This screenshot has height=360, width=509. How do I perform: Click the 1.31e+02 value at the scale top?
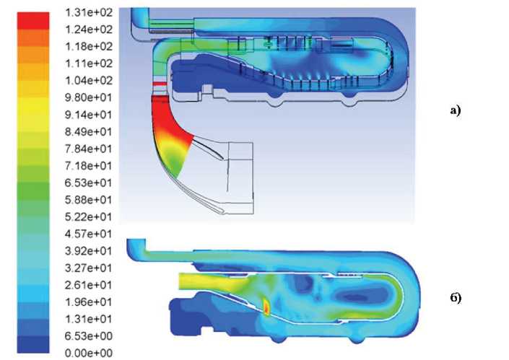(x=89, y=13)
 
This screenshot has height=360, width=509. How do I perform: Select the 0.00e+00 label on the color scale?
(x=89, y=353)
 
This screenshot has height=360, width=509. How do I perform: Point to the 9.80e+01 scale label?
(x=89, y=97)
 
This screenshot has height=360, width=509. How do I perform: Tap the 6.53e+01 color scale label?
(x=89, y=183)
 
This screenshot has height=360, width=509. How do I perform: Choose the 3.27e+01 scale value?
(x=89, y=268)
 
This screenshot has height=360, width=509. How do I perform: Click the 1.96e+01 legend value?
(x=89, y=302)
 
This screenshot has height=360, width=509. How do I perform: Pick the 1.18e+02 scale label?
(x=89, y=47)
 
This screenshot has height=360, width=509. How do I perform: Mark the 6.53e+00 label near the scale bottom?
(x=89, y=336)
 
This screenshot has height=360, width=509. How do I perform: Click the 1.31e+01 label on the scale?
(x=89, y=319)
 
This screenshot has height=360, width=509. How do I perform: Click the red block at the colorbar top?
(x=33, y=21)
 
